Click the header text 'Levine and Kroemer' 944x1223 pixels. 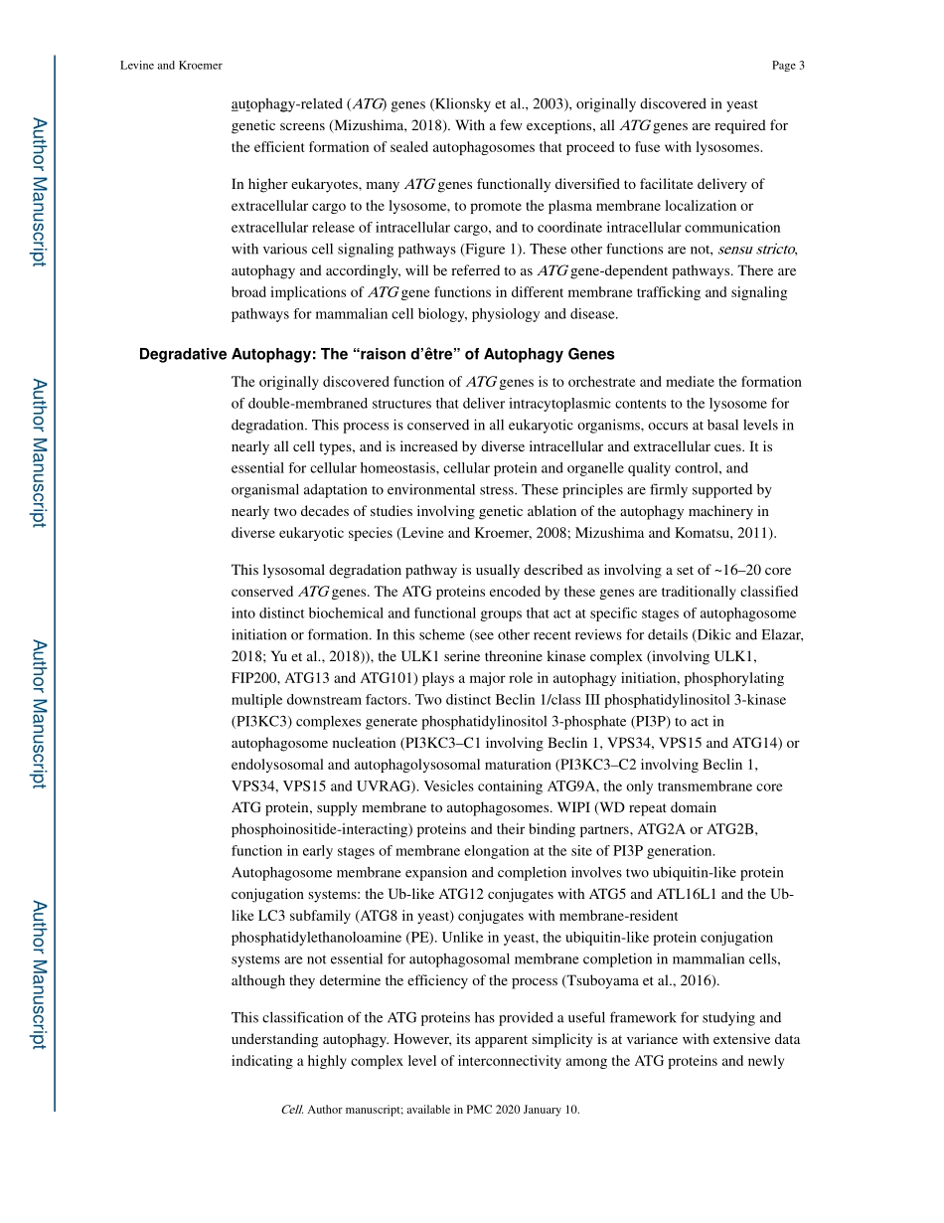click(x=171, y=66)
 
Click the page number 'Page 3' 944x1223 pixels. click(x=787, y=66)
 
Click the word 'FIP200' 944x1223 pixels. click(x=256, y=678)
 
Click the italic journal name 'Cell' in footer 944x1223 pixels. click(x=291, y=1110)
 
